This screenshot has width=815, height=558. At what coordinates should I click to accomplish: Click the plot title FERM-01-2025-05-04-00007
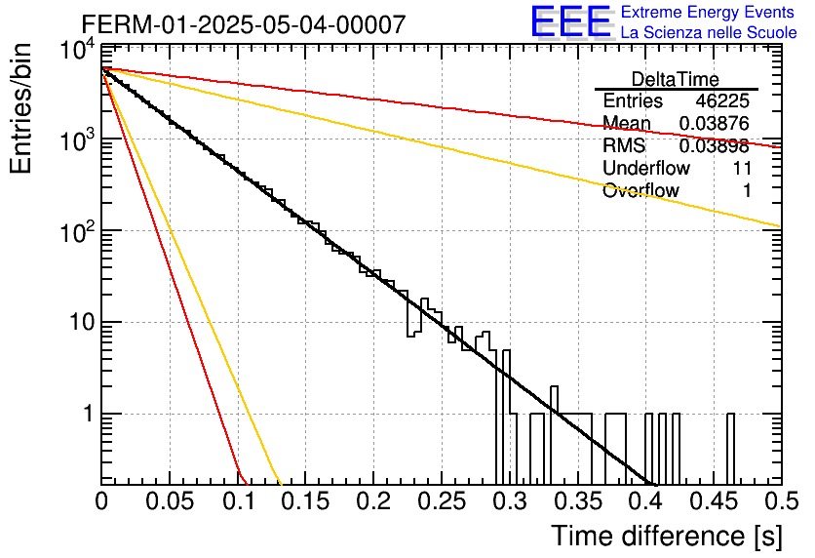point(244,24)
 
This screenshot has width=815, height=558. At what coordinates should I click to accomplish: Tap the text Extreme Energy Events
point(708,12)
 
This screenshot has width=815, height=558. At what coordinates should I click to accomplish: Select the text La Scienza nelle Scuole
point(709,32)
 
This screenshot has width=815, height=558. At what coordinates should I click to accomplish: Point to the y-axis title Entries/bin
point(20,108)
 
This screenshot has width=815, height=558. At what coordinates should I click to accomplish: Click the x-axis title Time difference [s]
point(667,536)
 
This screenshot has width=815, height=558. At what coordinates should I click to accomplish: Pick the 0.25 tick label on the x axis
point(442,501)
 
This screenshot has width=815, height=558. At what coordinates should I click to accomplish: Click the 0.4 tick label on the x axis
point(646,501)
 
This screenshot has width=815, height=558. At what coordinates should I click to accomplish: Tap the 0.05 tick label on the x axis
point(170,501)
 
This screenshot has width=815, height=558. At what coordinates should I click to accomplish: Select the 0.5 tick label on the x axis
point(781,501)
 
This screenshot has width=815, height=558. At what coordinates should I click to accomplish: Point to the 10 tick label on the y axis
point(83,323)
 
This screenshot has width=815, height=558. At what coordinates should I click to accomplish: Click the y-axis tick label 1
point(89,414)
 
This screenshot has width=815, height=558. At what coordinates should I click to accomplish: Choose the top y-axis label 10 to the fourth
point(77,52)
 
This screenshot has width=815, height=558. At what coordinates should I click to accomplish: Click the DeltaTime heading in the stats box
point(676,79)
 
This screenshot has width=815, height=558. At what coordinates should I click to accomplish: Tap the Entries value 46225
point(722,100)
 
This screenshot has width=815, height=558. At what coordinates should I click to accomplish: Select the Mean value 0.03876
point(715,123)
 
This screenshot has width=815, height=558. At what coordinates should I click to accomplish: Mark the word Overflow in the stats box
point(640,190)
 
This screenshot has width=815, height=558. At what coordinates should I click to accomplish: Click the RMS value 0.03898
point(715,145)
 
